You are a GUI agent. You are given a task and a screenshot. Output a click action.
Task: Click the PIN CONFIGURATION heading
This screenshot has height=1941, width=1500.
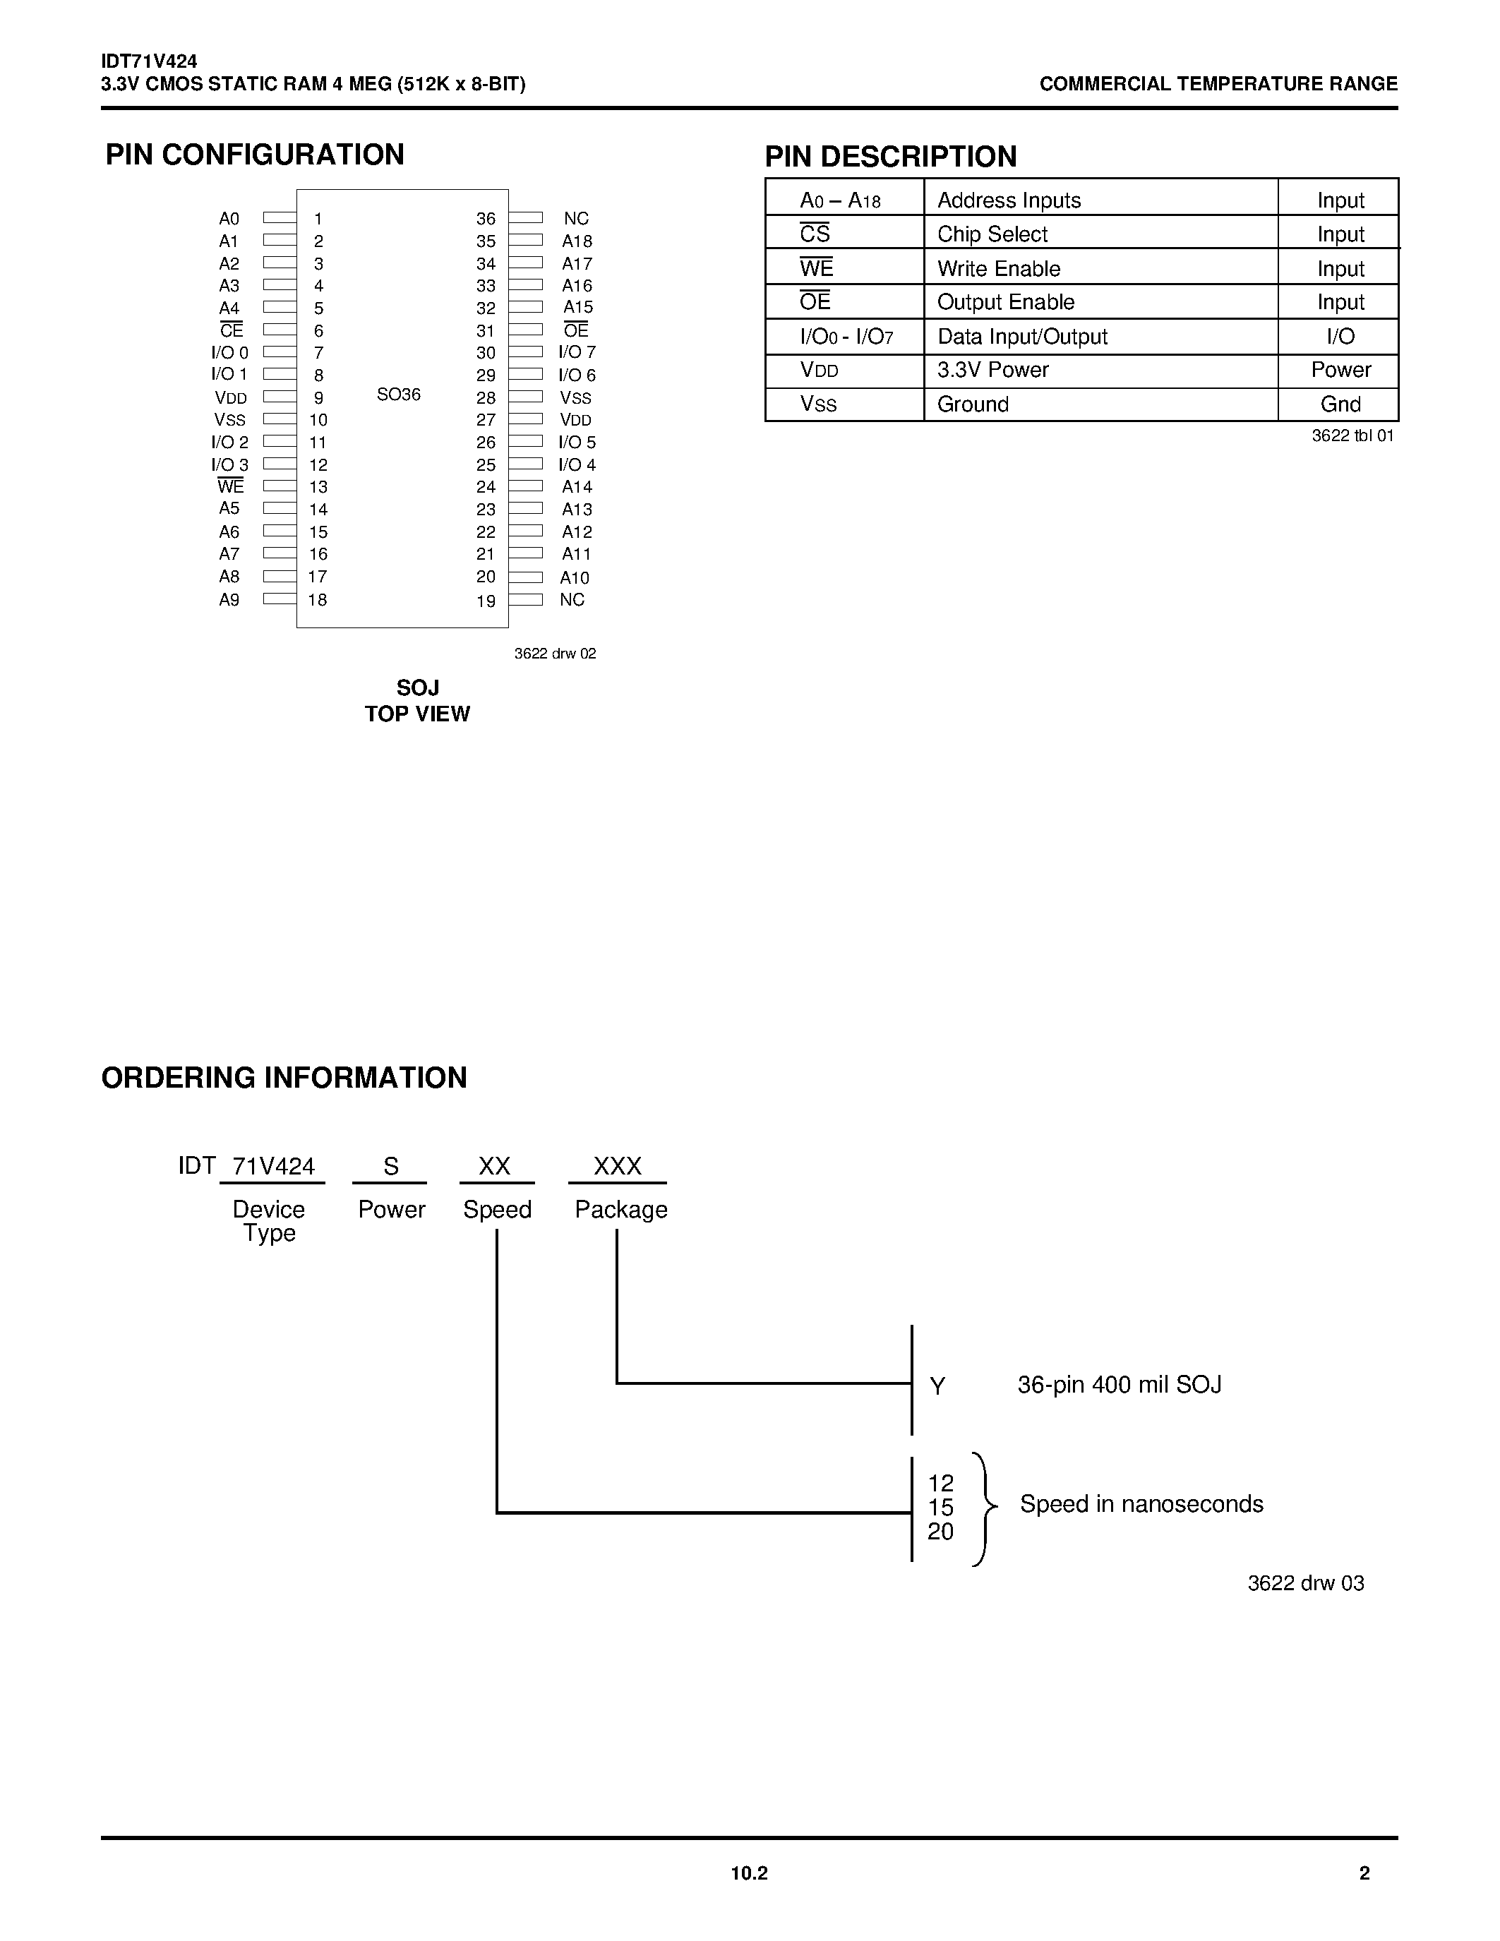point(254,155)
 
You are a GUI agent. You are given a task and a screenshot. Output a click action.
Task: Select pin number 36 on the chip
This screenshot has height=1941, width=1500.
point(485,219)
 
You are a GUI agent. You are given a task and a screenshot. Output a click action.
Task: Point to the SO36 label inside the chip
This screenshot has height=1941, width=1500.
point(398,395)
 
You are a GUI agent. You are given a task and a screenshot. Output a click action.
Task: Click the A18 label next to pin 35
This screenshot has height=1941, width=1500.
point(577,241)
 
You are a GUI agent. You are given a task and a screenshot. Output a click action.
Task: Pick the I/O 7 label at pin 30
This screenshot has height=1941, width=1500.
point(577,353)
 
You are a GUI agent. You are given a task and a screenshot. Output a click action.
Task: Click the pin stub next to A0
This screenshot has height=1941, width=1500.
point(279,217)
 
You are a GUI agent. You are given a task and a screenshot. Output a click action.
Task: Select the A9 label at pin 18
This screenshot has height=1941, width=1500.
point(229,600)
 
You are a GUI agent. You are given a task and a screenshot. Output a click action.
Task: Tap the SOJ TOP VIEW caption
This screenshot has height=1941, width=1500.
point(416,701)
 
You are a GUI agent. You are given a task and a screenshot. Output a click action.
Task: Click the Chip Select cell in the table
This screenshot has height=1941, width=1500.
point(992,234)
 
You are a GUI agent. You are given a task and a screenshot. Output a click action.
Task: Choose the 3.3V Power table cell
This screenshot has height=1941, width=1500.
point(992,370)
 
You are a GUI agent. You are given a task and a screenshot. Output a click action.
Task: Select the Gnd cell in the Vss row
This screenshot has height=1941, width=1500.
point(1340,404)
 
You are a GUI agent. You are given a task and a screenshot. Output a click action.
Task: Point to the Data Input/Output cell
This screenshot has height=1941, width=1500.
point(1022,337)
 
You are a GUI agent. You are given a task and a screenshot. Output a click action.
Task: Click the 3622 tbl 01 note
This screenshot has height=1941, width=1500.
point(1352,435)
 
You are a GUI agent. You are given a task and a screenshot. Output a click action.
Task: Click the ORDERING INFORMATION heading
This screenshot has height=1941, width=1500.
point(284,1078)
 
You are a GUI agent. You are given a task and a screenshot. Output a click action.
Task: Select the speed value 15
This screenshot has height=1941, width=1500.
point(940,1508)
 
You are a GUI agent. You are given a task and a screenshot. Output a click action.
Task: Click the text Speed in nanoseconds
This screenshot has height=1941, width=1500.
point(1141,1503)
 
